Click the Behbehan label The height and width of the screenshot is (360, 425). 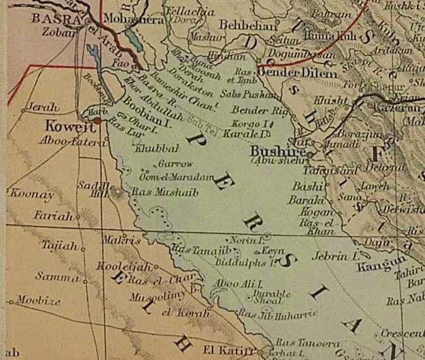[x=252, y=25]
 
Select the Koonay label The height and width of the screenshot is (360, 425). [x=30, y=193]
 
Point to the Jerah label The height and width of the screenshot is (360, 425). [x=42, y=106]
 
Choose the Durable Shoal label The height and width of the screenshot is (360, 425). [x=269, y=297]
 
